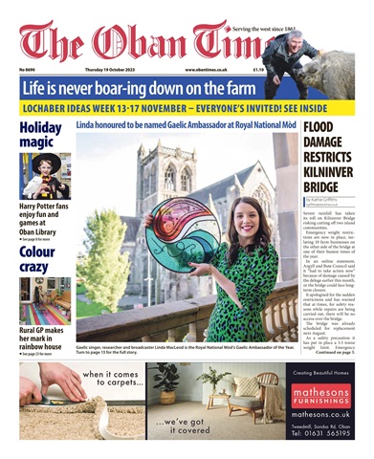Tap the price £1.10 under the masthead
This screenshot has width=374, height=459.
click(x=258, y=69)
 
